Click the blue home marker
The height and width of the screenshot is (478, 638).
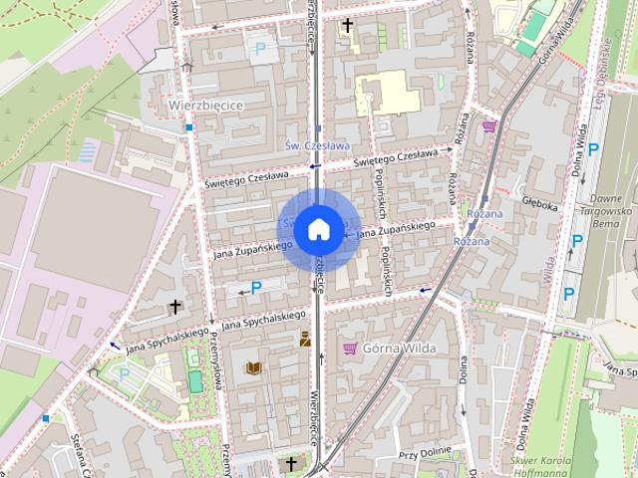pyautogui.click(x=318, y=229)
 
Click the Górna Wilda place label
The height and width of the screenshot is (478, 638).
pyautogui.click(x=397, y=348)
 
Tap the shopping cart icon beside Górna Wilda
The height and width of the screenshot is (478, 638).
pyautogui.click(x=350, y=348)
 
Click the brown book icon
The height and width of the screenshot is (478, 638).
pyautogui.click(x=254, y=368)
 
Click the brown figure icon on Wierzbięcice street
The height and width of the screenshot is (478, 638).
pyautogui.click(x=305, y=341)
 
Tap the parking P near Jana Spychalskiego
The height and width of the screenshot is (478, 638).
pyautogui.click(x=256, y=288)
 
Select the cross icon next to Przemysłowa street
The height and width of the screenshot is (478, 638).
pyautogui.click(x=175, y=307)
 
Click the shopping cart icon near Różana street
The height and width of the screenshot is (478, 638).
pyautogui.click(x=488, y=125)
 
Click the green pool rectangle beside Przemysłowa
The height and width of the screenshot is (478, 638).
pyautogui.click(x=194, y=379)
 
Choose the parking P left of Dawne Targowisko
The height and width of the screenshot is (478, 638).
pyautogui.click(x=575, y=240)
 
